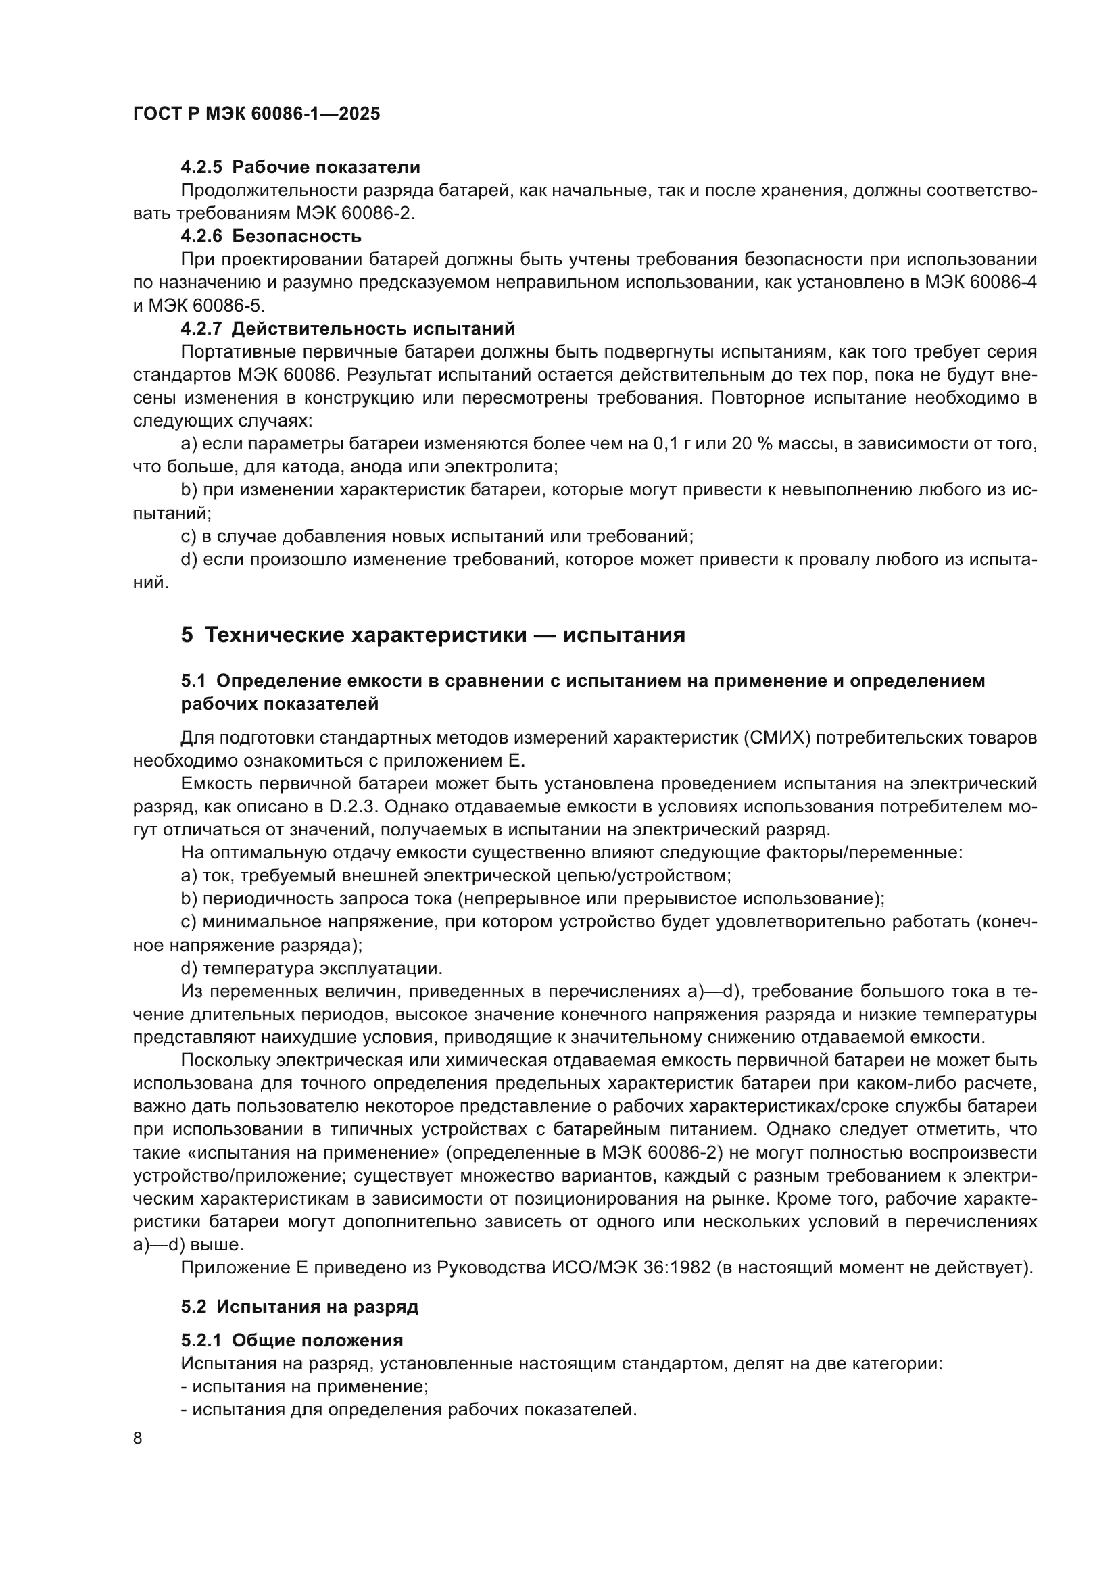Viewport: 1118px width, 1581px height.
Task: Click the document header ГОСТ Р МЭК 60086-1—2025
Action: pos(256,114)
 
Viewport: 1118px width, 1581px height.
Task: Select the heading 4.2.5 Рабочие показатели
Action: pos(300,168)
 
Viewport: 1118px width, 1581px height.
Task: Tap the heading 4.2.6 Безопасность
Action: pos(270,236)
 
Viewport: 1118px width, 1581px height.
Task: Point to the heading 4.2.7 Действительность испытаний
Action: pos(347,329)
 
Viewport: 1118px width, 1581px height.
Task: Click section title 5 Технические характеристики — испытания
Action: pos(433,634)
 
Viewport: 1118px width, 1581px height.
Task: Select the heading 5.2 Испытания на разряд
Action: pos(299,1307)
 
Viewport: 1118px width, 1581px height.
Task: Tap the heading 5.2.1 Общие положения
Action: pos(292,1340)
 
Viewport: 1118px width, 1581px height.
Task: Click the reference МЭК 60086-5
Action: pos(206,306)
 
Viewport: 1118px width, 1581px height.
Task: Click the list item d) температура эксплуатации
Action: pos(311,968)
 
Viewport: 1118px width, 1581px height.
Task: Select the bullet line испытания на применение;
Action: pos(304,1386)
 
